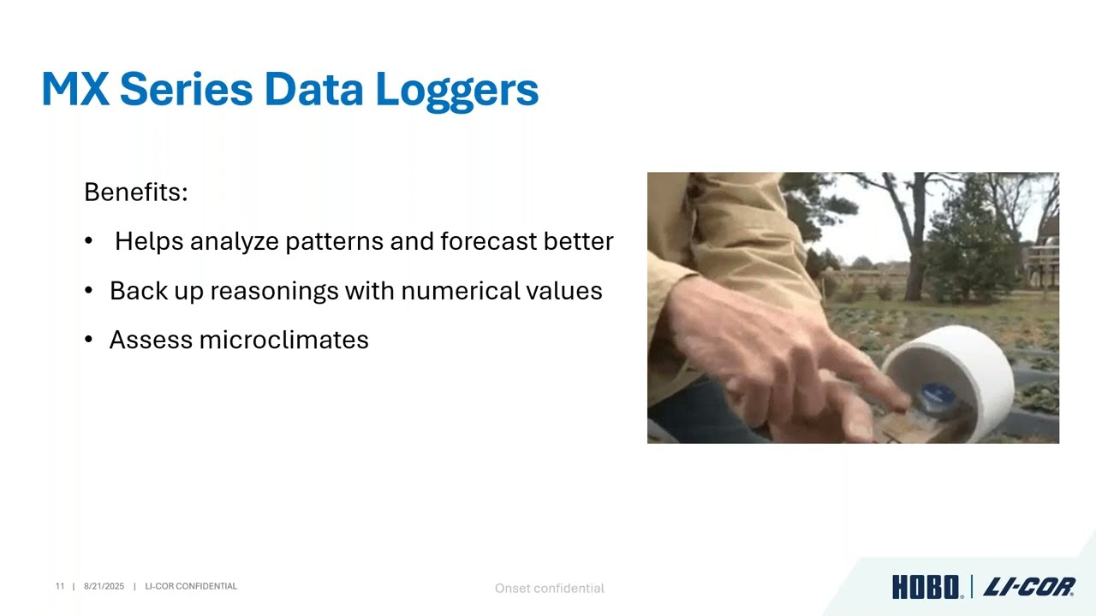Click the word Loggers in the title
tap(457, 91)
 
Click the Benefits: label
tap(135, 192)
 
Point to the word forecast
tap(488, 241)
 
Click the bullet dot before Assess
tap(88, 339)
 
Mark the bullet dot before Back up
tap(88, 290)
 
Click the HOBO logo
tap(926, 587)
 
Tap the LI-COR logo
tap(1029, 587)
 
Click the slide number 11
tap(60, 586)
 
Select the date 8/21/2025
tap(104, 586)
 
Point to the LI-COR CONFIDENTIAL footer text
tap(191, 586)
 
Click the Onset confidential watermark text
tap(550, 588)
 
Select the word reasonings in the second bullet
tap(274, 292)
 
